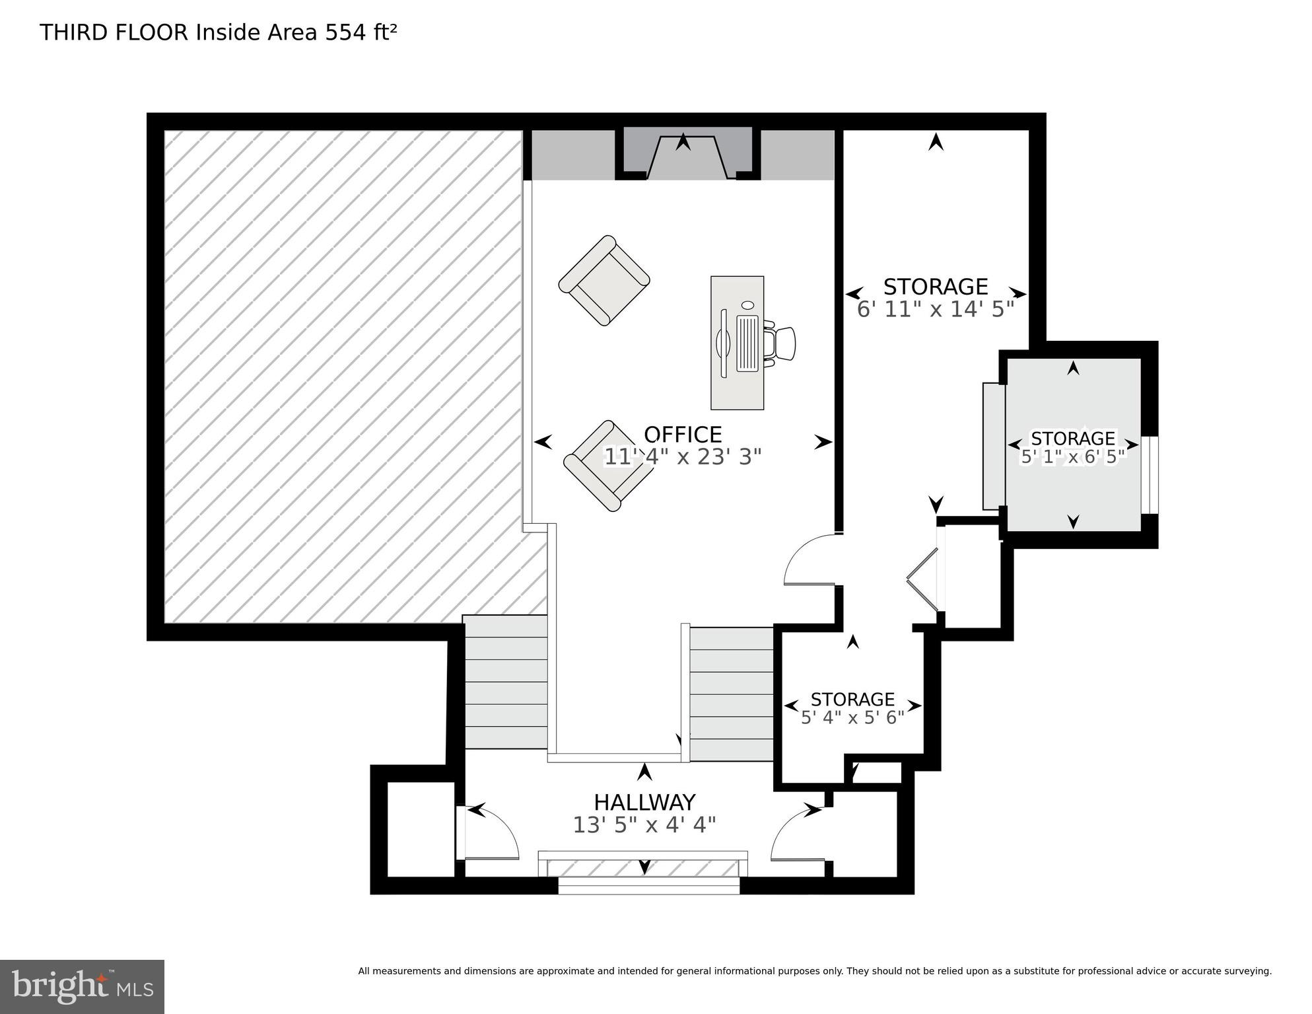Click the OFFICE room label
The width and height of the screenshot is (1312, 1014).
pyautogui.click(x=683, y=435)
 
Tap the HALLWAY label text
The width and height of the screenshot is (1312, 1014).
pyautogui.click(x=644, y=802)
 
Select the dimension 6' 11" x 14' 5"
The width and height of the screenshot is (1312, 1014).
pyautogui.click(x=935, y=309)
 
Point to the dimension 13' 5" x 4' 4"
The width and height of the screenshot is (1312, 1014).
pyautogui.click(x=644, y=825)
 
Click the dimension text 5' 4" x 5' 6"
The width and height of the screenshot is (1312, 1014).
pyautogui.click(x=852, y=718)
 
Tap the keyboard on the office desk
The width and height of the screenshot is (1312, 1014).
pyautogui.click(x=747, y=342)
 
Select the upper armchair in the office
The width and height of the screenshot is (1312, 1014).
pyautogui.click(x=604, y=281)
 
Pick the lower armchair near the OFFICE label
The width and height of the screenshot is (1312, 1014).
pyautogui.click(x=600, y=466)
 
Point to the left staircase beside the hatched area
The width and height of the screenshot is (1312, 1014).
pyautogui.click(x=506, y=682)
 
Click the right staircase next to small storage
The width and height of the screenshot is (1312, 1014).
pyautogui.click(x=731, y=694)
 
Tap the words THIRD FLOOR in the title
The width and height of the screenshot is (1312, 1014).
pyautogui.click(x=114, y=32)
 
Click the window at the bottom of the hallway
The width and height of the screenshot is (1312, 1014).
pyautogui.click(x=648, y=885)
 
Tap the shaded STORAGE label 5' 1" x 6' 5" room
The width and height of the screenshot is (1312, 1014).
pyautogui.click(x=1072, y=439)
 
